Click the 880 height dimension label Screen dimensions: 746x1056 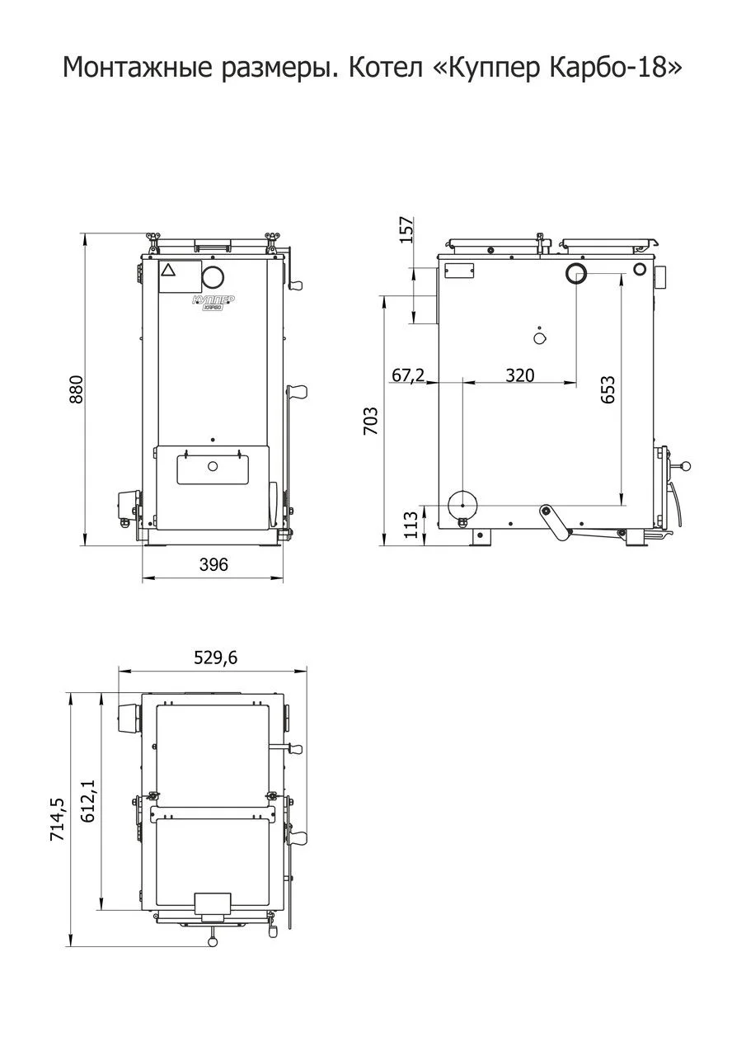pos(77,389)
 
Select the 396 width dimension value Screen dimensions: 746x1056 pos(213,564)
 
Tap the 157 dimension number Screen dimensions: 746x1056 pos(406,229)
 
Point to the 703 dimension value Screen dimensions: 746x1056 pos(371,421)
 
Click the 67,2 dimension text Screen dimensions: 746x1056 pos(408,375)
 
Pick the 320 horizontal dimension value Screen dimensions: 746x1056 pos(520,375)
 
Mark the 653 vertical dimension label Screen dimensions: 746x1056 pos(608,389)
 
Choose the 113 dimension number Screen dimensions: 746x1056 pos(411,524)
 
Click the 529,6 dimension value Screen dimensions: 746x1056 pos(216,658)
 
